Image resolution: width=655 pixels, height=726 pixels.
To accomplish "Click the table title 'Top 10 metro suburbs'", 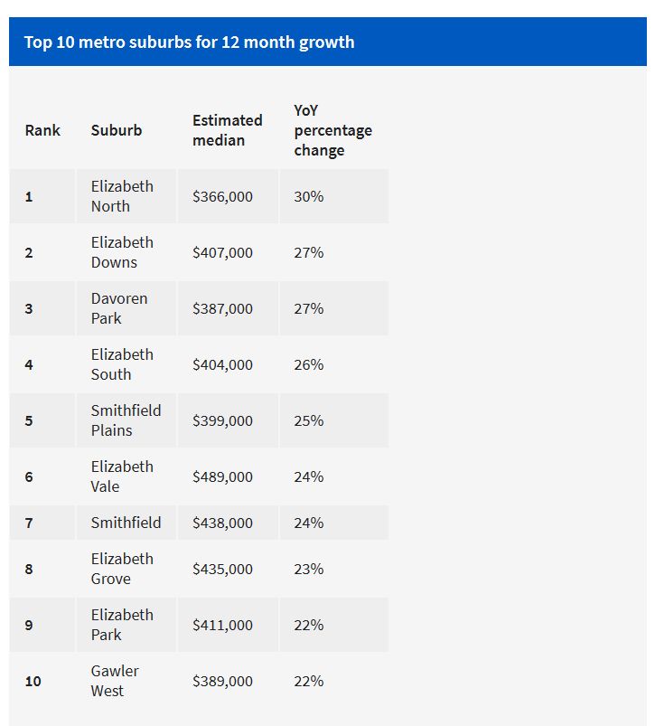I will (x=189, y=42).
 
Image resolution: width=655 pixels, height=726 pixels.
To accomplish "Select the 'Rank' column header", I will (x=42, y=130).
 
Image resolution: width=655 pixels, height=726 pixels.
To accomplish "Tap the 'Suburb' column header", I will (x=117, y=130).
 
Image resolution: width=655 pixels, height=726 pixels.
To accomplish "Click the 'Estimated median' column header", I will (x=227, y=130).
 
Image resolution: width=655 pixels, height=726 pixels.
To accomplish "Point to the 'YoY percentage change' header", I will (x=332, y=130).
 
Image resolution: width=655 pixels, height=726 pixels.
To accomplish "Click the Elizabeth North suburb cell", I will (x=122, y=196).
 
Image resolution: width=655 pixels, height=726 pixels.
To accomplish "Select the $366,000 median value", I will (x=222, y=196).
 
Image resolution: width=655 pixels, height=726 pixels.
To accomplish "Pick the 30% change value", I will (x=308, y=196).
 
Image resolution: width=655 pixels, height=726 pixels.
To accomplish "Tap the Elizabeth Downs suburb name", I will (x=122, y=252).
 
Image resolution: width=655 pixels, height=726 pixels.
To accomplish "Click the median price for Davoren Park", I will (x=222, y=308).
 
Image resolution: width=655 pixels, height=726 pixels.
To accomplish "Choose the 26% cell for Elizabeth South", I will (x=308, y=364).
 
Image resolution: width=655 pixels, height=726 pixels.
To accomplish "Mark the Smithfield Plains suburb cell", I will (x=126, y=420).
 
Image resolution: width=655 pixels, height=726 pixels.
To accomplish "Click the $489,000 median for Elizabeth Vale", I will (x=222, y=476).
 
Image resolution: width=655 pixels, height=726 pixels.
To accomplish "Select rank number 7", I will (x=29, y=523).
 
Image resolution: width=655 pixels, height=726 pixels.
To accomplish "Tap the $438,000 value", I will (x=222, y=523).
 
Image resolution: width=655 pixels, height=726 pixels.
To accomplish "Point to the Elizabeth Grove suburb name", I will (x=122, y=569).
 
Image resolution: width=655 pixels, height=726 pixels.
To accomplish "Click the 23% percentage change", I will (x=308, y=569).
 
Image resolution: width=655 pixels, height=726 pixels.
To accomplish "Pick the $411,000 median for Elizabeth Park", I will (x=222, y=625).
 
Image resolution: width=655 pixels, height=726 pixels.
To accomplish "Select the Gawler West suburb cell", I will (x=115, y=681).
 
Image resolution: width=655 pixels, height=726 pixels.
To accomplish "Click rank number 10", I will (x=33, y=681).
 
